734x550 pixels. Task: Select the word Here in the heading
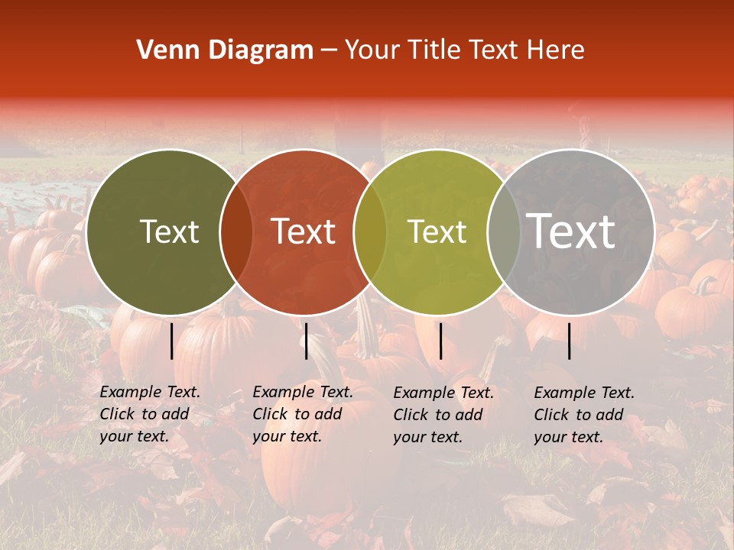556,50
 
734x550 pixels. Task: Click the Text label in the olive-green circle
169,231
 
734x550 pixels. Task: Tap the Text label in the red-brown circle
304,231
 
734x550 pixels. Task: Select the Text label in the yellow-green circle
437,231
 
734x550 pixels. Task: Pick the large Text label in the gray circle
571,231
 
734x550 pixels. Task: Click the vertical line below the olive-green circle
172,341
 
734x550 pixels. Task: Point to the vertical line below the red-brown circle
306,341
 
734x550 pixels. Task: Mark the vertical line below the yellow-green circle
440,341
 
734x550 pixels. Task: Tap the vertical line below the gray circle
570,341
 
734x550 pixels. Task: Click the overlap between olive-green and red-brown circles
236,231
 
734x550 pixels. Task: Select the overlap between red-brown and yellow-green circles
370,231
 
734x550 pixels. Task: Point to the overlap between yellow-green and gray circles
503,231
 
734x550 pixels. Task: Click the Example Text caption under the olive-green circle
150,414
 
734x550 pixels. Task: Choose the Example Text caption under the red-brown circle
303,414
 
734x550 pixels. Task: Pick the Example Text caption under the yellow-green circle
443,415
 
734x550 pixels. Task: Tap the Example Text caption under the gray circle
584,415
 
